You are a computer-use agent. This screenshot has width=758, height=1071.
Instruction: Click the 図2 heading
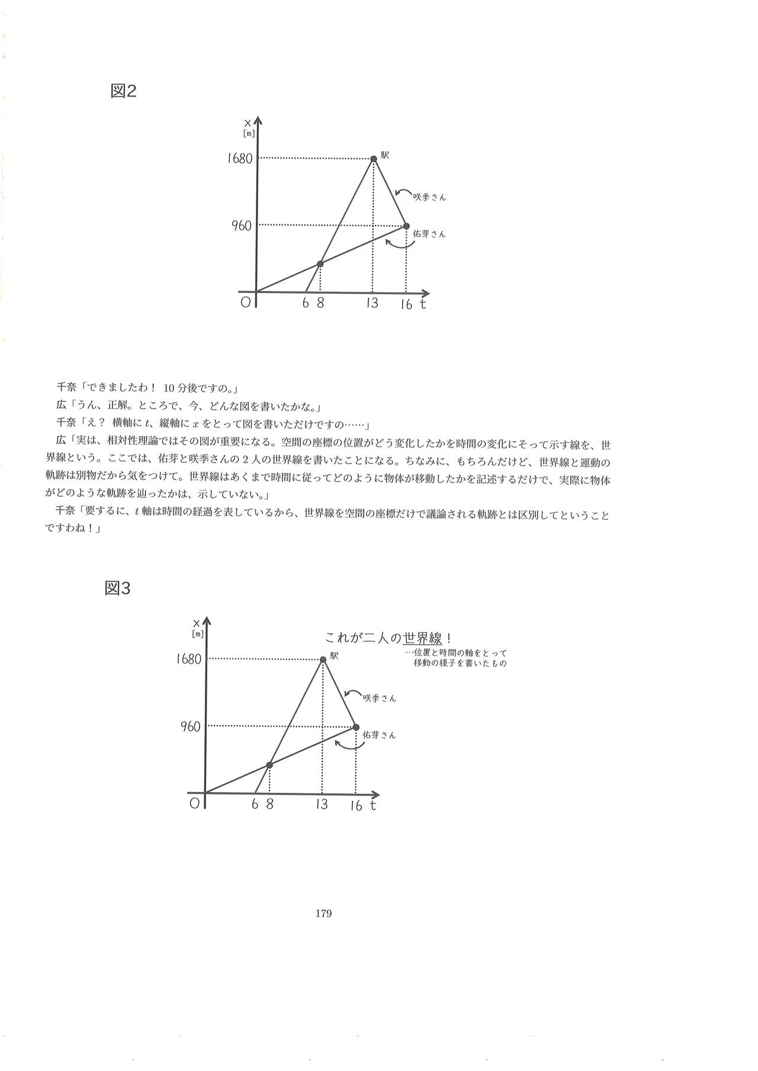(124, 91)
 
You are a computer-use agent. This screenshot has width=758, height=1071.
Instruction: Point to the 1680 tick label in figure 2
(240, 159)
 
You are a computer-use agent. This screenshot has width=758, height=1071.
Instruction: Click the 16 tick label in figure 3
(355, 806)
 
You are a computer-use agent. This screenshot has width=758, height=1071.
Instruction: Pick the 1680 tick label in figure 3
(189, 660)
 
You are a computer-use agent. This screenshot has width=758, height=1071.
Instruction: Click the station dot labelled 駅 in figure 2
(374, 159)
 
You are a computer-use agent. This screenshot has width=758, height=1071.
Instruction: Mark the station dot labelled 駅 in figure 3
(323, 660)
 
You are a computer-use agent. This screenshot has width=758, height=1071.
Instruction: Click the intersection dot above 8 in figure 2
(320, 263)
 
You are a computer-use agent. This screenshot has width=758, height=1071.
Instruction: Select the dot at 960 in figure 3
(356, 727)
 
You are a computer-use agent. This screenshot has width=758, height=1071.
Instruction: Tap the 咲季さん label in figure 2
(429, 198)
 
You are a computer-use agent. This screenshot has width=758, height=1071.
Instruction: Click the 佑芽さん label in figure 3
(379, 735)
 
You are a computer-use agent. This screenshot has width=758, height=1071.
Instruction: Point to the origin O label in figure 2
(245, 303)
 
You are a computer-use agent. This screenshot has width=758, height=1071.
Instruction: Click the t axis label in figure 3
(373, 805)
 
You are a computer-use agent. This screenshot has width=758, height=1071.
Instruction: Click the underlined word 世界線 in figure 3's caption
(422, 639)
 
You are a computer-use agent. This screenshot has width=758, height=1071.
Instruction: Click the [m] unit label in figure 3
(198, 634)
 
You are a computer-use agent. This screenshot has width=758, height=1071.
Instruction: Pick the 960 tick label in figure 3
(191, 727)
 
